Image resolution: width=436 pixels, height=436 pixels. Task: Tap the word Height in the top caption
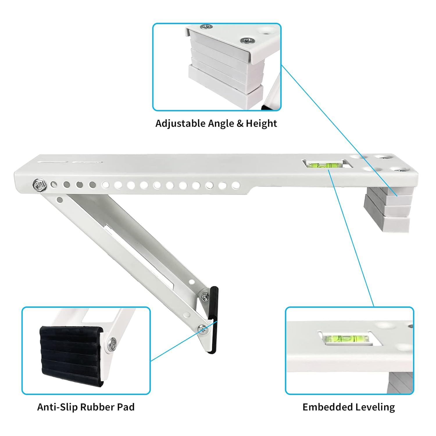(261, 124)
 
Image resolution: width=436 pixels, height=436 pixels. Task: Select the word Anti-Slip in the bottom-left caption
(57, 407)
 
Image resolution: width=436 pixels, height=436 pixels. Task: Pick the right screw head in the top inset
(247, 40)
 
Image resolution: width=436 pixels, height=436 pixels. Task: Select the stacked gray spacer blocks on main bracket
(387, 209)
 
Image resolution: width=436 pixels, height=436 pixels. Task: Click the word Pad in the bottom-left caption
(126, 407)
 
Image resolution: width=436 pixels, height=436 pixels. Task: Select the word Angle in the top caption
(221, 124)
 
